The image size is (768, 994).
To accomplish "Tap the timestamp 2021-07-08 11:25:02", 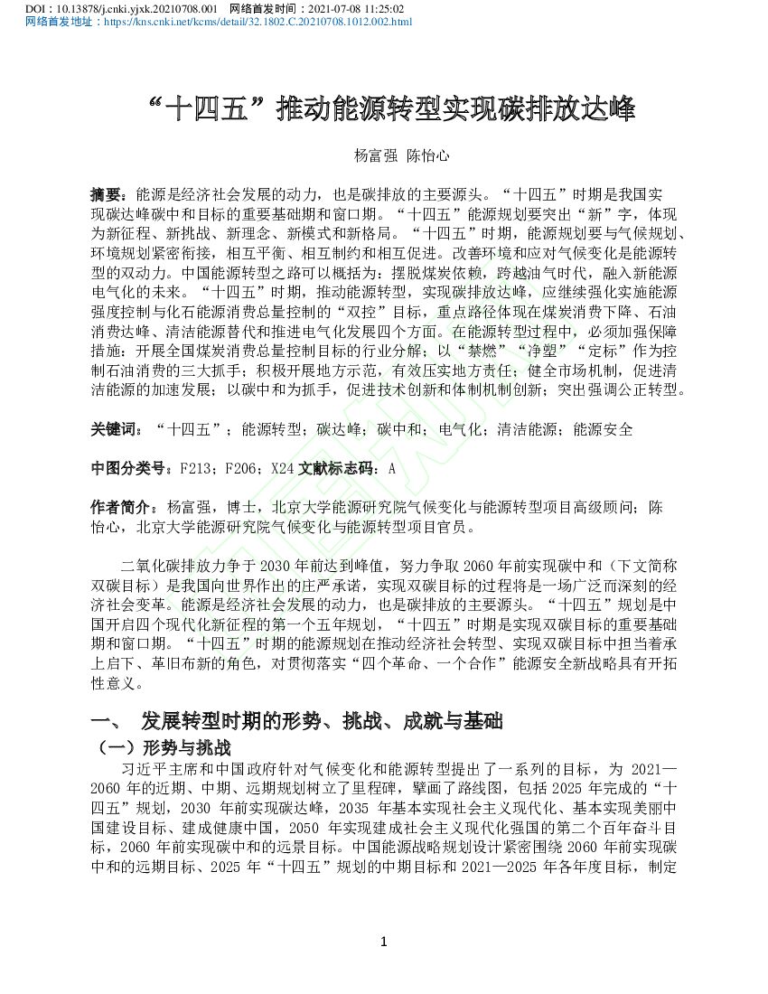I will (356, 7).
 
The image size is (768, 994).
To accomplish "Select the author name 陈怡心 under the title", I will (426, 155).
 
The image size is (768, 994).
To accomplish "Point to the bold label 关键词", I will (116, 429).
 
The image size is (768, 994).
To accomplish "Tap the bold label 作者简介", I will (122, 508).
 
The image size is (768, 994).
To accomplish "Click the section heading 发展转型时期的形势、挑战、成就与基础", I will (321, 721).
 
